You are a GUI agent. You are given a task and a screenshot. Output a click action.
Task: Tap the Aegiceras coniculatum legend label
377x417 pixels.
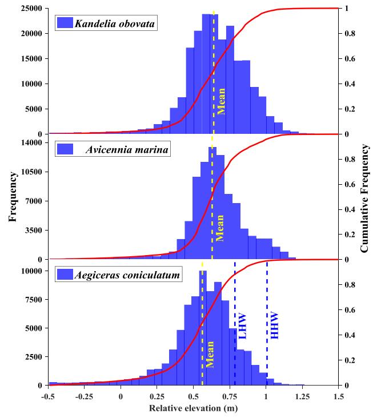(127, 275)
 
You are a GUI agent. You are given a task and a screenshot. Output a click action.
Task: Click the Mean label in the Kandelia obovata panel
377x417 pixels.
(222, 101)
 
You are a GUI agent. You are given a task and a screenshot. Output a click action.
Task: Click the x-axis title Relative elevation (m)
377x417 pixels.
(193, 408)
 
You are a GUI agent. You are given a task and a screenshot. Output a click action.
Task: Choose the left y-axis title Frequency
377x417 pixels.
(12, 197)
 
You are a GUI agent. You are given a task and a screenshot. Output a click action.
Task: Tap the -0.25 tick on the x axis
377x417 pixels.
(84, 395)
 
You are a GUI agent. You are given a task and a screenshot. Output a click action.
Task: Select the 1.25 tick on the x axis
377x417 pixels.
(302, 395)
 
